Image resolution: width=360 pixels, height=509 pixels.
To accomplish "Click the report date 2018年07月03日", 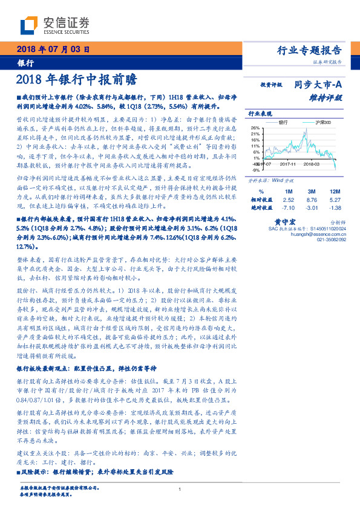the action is click(53, 50).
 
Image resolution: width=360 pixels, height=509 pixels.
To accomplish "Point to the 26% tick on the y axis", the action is click(255, 128).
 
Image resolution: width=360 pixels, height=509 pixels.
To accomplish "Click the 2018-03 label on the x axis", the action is click(312, 163).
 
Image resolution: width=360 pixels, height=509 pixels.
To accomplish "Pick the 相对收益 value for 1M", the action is click(288, 199).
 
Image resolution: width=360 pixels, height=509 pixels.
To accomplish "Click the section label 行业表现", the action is click(260, 112).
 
